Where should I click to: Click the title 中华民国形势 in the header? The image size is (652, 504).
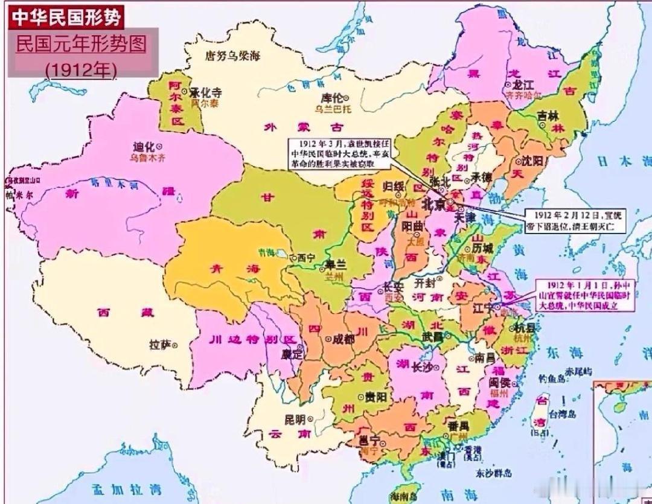coord(65,16)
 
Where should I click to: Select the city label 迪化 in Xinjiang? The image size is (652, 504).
coord(144,147)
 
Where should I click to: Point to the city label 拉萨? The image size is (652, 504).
coord(160,345)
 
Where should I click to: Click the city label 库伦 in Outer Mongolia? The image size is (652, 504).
coord(331,98)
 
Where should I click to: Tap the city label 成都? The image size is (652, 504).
coord(342,339)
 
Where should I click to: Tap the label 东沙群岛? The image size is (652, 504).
coord(493,473)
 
